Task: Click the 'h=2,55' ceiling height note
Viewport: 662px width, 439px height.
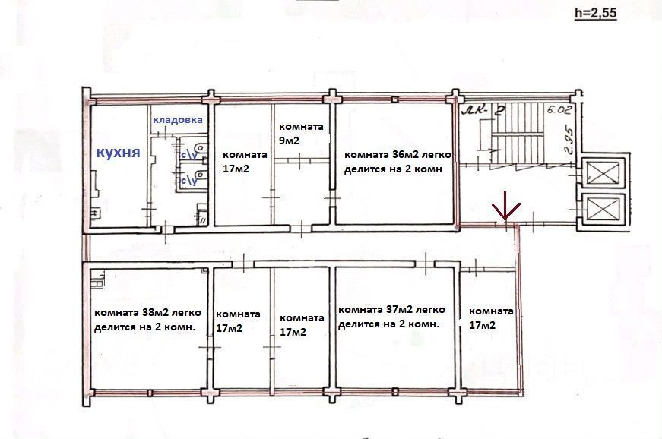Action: (596, 13)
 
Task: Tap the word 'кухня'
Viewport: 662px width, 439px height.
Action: (119, 152)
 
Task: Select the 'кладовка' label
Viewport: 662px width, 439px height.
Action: (177, 120)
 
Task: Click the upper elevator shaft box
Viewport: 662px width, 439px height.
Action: (603, 172)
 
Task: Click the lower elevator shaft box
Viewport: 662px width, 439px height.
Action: (603, 210)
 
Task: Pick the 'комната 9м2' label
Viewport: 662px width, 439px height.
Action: (301, 133)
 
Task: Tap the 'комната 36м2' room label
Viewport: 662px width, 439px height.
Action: (398, 162)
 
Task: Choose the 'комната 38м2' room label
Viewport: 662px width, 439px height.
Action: (147, 320)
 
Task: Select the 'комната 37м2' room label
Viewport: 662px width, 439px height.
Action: (391, 317)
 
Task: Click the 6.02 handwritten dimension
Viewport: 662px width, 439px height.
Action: (559, 110)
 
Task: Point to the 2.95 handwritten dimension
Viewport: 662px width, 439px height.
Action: (570, 142)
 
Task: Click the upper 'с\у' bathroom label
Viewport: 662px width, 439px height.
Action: (188, 155)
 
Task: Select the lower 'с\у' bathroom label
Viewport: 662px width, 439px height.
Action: (188, 181)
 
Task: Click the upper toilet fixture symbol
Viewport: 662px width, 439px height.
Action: (200, 148)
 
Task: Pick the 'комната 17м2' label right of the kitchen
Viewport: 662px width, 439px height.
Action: (245, 162)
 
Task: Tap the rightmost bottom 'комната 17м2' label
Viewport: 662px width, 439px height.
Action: (491, 318)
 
